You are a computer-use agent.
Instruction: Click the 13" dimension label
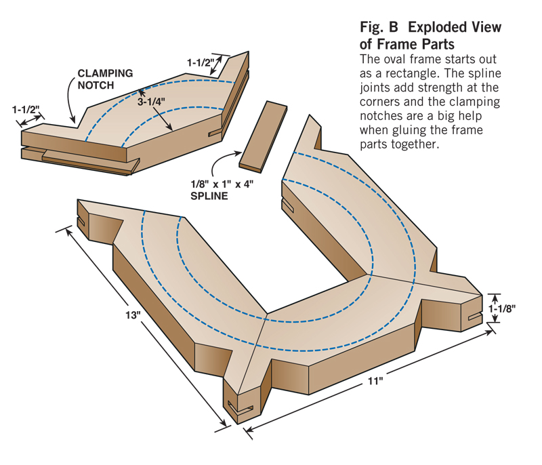[x=133, y=316]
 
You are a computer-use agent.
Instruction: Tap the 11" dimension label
[x=377, y=382]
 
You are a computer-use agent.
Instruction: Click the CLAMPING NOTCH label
[x=104, y=79]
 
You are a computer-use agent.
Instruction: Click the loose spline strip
[x=263, y=135]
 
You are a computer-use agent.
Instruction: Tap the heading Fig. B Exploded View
[x=430, y=28]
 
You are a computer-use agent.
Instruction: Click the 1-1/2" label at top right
[x=201, y=62]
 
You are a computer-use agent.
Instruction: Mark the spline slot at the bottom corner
[x=241, y=408]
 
